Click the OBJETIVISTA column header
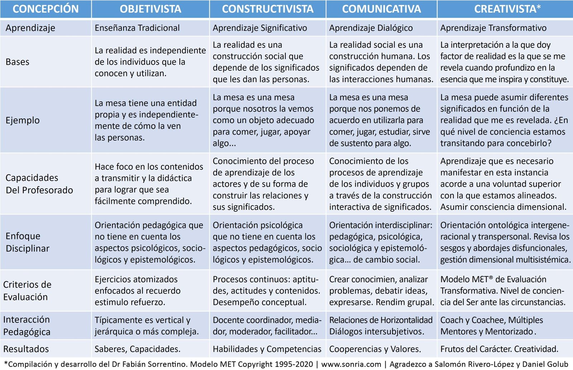coord(150,9)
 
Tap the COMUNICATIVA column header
coord(381,9)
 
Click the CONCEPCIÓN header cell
coord(45,9)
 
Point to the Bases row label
coord(18,62)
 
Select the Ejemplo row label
coord(23,120)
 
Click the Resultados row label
coord(26,349)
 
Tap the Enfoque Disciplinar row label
coord(27,242)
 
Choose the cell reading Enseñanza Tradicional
coord(137,28)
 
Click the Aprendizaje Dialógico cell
coord(371,28)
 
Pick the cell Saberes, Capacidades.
coord(138,349)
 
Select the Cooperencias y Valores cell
coord(375,349)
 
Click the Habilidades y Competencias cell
coord(267,349)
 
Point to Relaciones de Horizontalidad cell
coord(380,326)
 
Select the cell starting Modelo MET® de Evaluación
coord(502,291)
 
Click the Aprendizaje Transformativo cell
coord(493,28)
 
